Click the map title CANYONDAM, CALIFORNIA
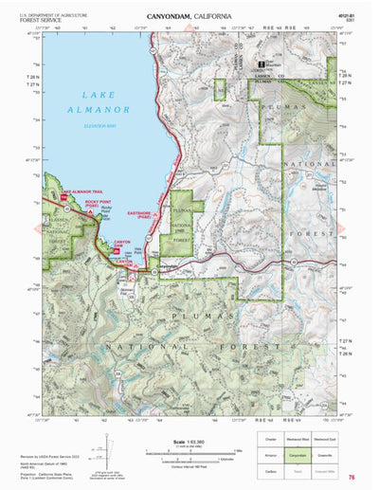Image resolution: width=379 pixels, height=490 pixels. [191, 17]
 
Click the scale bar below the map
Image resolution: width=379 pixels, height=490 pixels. [191, 453]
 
